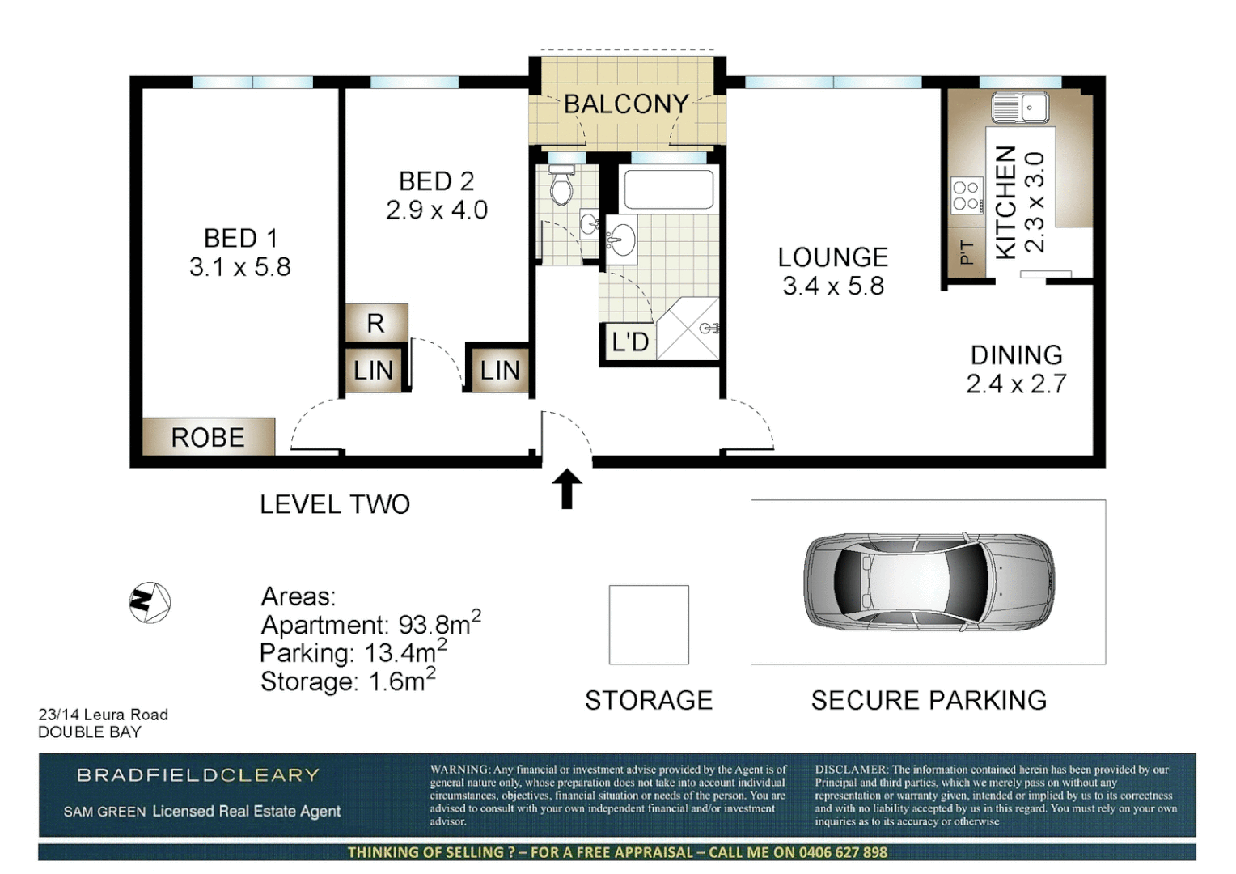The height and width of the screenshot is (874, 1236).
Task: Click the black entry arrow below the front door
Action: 566,488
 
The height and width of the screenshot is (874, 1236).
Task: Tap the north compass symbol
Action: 150,602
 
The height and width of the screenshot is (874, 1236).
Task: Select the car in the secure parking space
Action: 929,582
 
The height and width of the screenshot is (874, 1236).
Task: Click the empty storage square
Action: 649,625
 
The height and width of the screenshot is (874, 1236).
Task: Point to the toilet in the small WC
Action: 561,187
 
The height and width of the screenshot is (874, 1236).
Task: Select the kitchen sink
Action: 1021,107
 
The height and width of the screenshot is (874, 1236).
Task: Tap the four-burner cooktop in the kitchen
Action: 965,195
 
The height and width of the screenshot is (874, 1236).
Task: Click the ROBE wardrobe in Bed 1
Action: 208,437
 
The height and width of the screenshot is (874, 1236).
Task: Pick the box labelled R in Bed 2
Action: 376,323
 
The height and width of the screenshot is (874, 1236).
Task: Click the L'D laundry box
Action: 629,342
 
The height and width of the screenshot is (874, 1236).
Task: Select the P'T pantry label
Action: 967,252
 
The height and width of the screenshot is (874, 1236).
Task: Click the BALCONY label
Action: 626,104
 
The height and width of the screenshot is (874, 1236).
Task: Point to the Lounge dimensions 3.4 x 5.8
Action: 833,286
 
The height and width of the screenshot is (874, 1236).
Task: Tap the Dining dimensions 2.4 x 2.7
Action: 1016,384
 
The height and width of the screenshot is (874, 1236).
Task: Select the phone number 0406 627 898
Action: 843,852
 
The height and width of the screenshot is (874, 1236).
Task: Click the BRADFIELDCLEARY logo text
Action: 198,775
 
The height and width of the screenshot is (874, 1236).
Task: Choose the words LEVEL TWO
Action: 335,504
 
